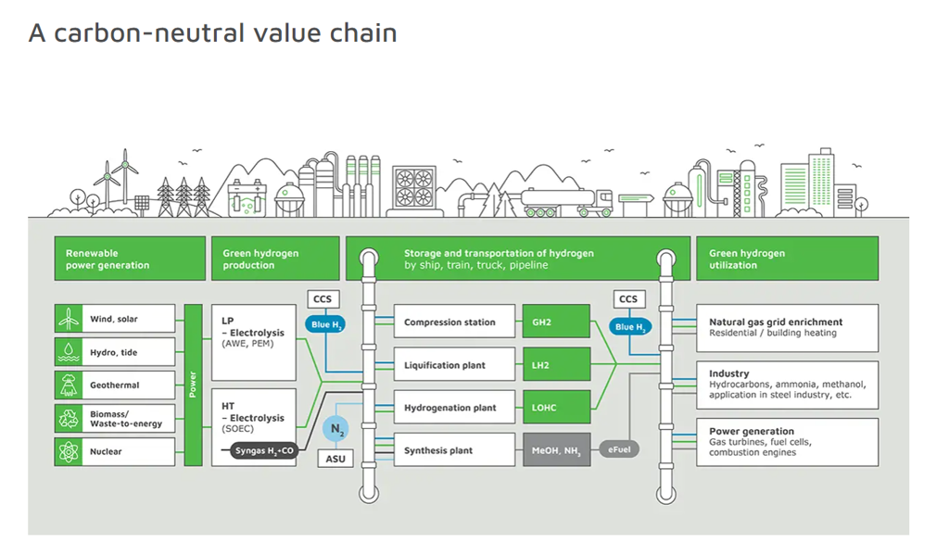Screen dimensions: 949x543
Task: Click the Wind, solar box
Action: tap(115, 319)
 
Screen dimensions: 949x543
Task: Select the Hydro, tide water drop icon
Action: tap(69, 352)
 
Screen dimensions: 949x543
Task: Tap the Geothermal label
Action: tap(114, 385)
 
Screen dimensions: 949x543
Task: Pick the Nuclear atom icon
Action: tap(69, 451)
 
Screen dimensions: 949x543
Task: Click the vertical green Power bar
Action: tap(193, 385)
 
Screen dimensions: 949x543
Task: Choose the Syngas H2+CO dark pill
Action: tap(264, 450)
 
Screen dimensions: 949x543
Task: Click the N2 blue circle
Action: tap(335, 429)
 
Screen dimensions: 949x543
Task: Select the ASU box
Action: tap(335, 459)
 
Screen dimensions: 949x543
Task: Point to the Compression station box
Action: tap(454, 322)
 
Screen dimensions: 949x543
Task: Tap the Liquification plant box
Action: tap(454, 364)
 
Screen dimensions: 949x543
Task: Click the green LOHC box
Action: tap(556, 407)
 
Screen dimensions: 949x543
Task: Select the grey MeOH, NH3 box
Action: tap(556, 449)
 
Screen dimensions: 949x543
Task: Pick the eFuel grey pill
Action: tap(619, 449)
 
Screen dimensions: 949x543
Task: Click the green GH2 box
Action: tap(556, 322)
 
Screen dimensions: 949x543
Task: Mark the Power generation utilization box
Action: tap(788, 442)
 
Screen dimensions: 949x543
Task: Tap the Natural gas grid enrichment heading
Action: tap(776, 322)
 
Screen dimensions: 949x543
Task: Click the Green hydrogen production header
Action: tap(275, 259)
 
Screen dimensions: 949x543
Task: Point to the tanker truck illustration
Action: tap(567, 202)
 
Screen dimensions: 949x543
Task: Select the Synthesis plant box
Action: tap(454, 449)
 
